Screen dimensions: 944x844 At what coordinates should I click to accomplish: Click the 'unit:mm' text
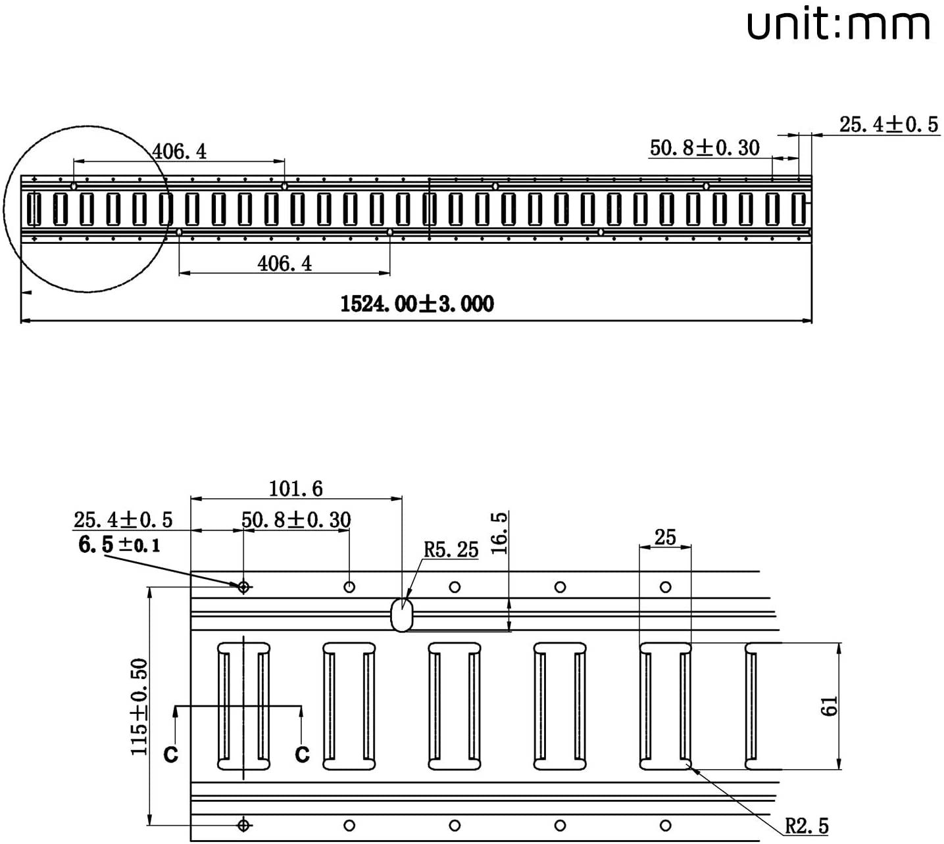(838, 25)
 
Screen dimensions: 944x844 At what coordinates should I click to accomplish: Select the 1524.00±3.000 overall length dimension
(417, 304)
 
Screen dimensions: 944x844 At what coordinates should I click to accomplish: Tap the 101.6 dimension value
(296, 489)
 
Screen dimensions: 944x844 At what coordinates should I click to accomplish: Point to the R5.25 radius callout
(451, 550)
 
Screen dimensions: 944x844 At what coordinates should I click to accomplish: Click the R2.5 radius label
(807, 826)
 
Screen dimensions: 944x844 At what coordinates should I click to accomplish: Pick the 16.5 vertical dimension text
(499, 534)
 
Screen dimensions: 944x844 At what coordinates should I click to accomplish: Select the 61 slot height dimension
(830, 706)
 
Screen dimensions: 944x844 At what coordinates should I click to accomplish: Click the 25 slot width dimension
(665, 537)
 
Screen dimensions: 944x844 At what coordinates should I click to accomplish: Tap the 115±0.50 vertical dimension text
(139, 707)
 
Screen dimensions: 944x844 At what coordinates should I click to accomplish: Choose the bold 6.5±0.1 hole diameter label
(119, 545)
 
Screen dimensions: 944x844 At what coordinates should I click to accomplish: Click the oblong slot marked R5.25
(402, 615)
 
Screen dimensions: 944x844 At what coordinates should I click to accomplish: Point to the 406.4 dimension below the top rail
(285, 264)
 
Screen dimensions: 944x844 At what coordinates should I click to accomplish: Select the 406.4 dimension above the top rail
(180, 151)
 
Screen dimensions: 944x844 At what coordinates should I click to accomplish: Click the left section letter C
(171, 755)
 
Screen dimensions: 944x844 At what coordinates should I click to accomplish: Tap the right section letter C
(303, 755)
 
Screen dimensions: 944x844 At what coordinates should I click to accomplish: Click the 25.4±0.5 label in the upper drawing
(889, 125)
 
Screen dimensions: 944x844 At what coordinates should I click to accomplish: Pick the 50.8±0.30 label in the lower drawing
(296, 520)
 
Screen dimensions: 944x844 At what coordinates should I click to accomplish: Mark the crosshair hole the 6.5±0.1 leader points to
(243, 587)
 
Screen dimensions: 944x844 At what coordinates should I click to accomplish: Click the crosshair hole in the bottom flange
(243, 826)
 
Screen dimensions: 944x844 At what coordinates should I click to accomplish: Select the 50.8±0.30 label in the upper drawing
(705, 148)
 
